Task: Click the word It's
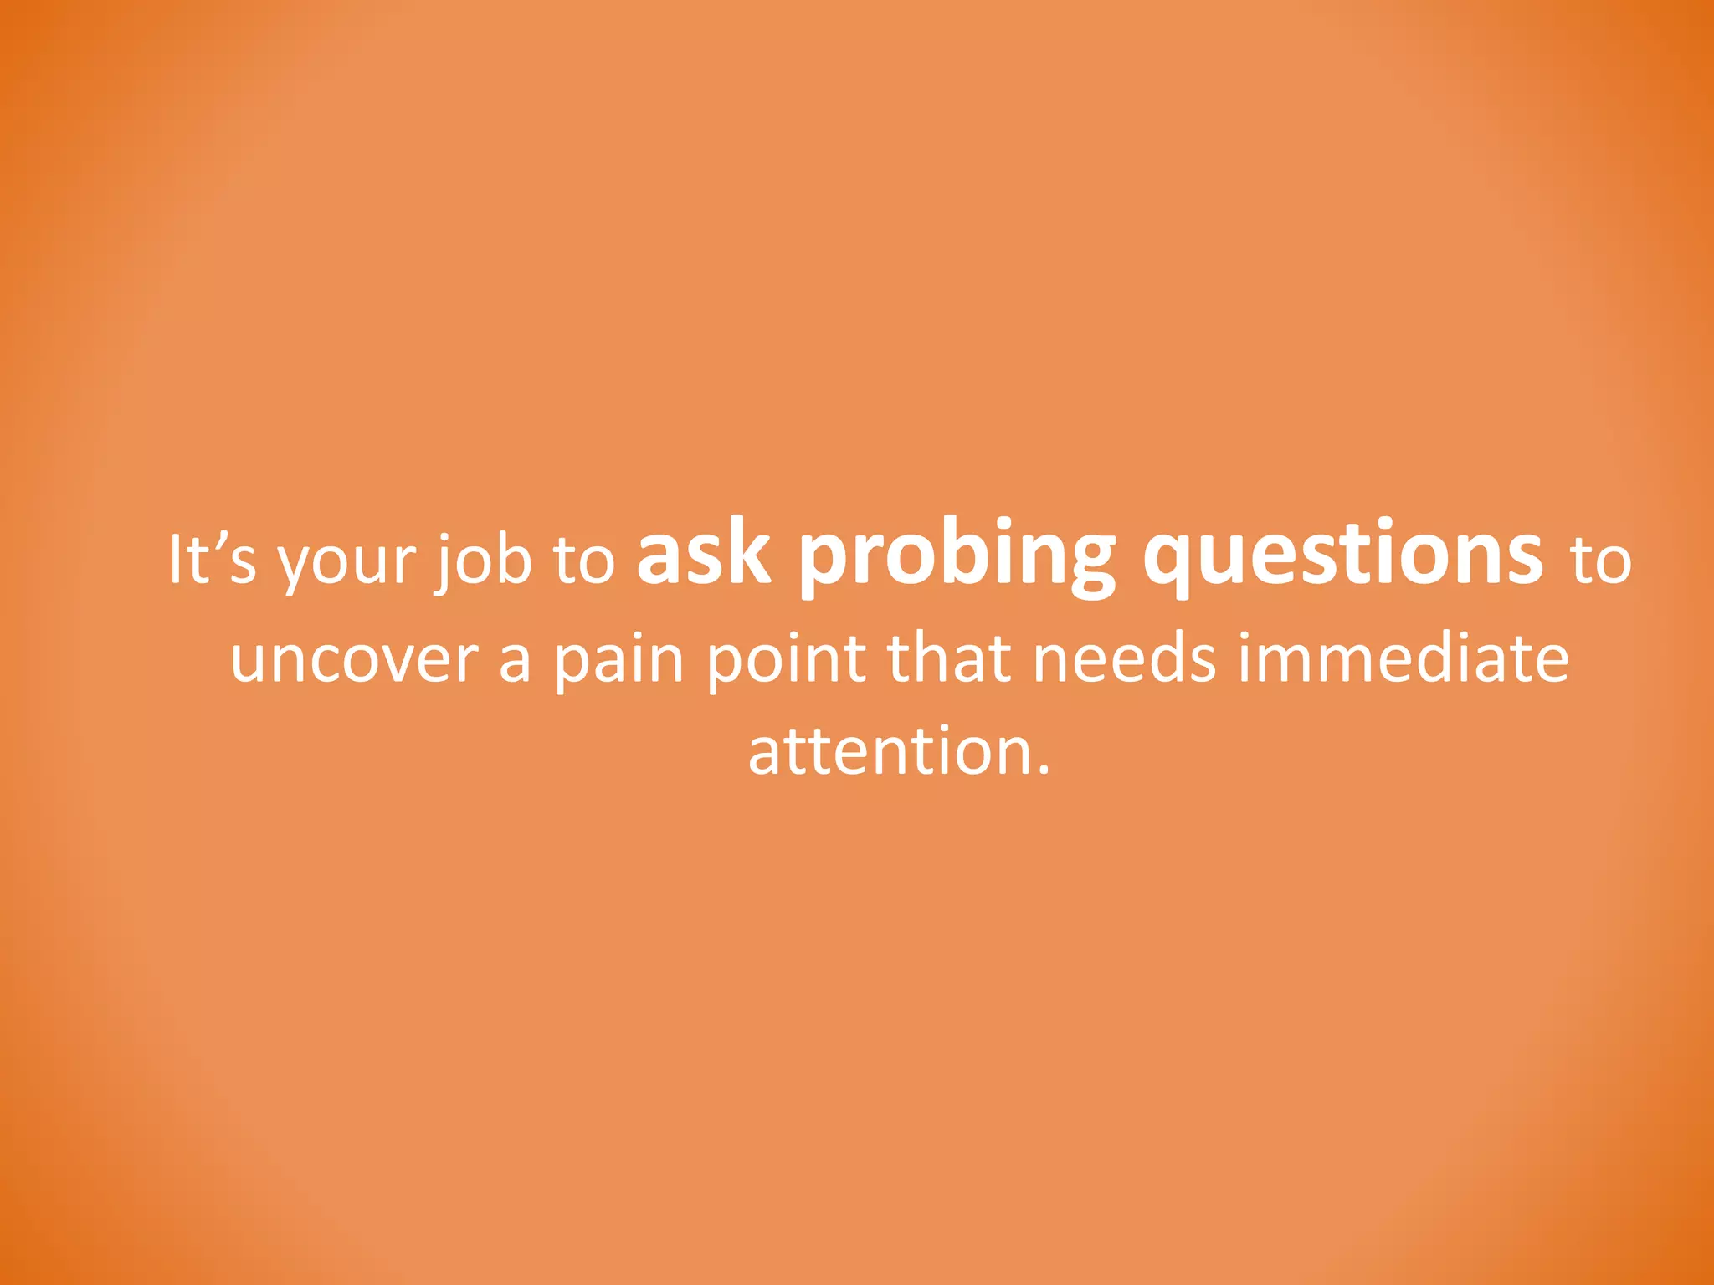click(212, 559)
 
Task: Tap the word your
click(346, 562)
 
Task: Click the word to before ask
click(584, 561)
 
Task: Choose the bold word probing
click(957, 555)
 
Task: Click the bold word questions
click(1343, 555)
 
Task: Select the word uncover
click(354, 659)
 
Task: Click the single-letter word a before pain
click(515, 661)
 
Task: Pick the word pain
click(619, 661)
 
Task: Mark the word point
click(787, 659)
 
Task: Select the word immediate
click(1403, 658)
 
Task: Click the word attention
click(890, 751)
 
